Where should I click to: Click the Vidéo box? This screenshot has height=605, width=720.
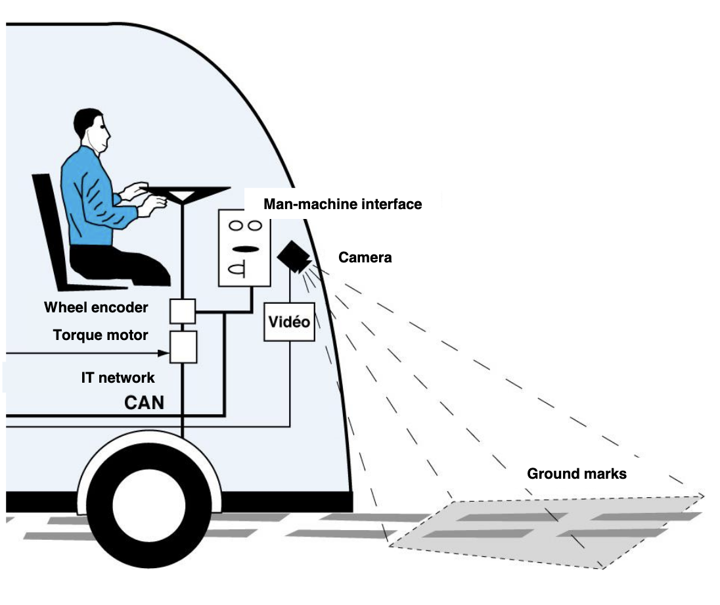point(290,322)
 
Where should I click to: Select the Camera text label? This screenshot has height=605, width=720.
point(365,258)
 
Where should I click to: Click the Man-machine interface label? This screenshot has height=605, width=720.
point(342,205)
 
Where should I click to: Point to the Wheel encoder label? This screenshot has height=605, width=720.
point(96,307)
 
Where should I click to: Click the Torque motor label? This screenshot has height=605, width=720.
point(101,335)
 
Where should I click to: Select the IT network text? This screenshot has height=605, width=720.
point(118,377)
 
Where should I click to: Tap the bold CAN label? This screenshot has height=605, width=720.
point(144,401)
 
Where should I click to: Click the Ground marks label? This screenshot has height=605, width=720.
point(576,473)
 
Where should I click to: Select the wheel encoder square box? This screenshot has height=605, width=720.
point(183,310)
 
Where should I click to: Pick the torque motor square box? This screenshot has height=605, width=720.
point(183,347)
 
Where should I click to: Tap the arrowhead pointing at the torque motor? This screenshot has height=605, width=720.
point(164,353)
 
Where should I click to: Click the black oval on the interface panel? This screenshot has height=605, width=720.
point(244,249)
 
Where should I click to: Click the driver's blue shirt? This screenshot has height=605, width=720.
point(89,197)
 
